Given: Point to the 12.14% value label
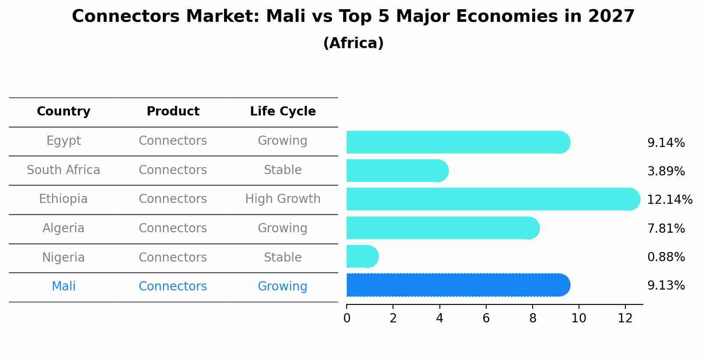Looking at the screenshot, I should [x=669, y=200].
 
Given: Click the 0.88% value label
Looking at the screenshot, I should [x=666, y=257].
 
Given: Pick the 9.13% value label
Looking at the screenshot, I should [x=666, y=286].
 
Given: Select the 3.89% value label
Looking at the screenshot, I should [x=666, y=171].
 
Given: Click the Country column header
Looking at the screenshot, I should [x=63, y=112].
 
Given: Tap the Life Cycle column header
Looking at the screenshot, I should [x=283, y=112].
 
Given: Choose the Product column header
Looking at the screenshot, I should [x=173, y=112].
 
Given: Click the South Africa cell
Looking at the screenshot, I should [x=63, y=170].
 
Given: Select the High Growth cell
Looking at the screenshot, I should [x=283, y=199].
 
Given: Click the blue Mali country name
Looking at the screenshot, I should [x=63, y=287].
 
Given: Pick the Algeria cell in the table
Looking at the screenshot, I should [x=63, y=228].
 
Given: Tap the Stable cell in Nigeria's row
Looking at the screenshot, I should [x=283, y=258].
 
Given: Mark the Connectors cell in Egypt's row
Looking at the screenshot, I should [x=173, y=141].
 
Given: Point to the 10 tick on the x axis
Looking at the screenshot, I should [x=579, y=318].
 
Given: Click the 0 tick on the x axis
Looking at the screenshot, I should [x=347, y=318].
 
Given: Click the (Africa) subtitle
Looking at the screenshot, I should [x=353, y=43].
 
